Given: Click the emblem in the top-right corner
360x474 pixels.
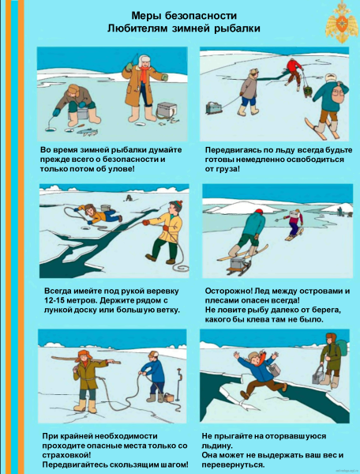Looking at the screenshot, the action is [x=342, y=22].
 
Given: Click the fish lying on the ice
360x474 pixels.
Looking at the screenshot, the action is [x=88, y=131].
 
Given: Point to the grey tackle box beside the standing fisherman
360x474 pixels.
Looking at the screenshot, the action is [x=167, y=111].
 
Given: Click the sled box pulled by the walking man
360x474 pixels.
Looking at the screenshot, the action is [x=214, y=107].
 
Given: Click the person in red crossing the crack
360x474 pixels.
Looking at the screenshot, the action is [x=293, y=72].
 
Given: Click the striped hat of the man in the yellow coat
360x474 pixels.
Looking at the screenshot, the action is [x=177, y=205].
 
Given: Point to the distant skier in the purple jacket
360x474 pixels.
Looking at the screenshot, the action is [x=294, y=224].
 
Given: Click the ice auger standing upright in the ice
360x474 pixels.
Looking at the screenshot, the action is [x=178, y=383].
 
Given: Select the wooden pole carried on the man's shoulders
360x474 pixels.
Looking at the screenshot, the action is [x=86, y=360].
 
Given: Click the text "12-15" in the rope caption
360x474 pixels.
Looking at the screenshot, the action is [x=56, y=300].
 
